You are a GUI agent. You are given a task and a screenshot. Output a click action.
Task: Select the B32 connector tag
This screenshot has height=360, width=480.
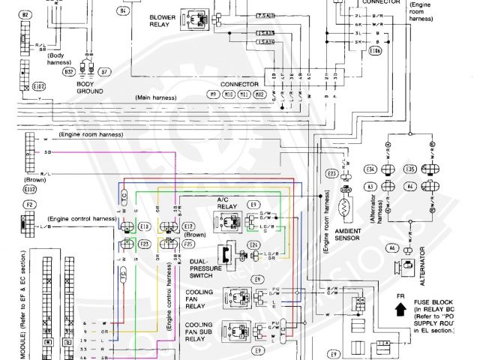pyautogui.click(x=68, y=72)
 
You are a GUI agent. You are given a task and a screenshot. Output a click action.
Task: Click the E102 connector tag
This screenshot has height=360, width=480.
pyautogui.click(x=40, y=86)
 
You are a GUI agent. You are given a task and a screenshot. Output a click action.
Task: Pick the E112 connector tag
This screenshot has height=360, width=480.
pyautogui.click(x=30, y=190)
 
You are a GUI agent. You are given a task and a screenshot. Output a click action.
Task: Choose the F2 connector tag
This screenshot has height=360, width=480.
pyautogui.click(x=28, y=204)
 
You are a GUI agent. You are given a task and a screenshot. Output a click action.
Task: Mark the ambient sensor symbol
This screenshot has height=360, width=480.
pyautogui.click(x=347, y=204)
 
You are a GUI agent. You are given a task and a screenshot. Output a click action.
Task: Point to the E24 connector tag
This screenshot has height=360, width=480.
pyautogui.click(x=254, y=244)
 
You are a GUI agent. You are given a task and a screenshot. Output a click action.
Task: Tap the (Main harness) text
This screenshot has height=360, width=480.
pyautogui.click(x=160, y=97)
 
